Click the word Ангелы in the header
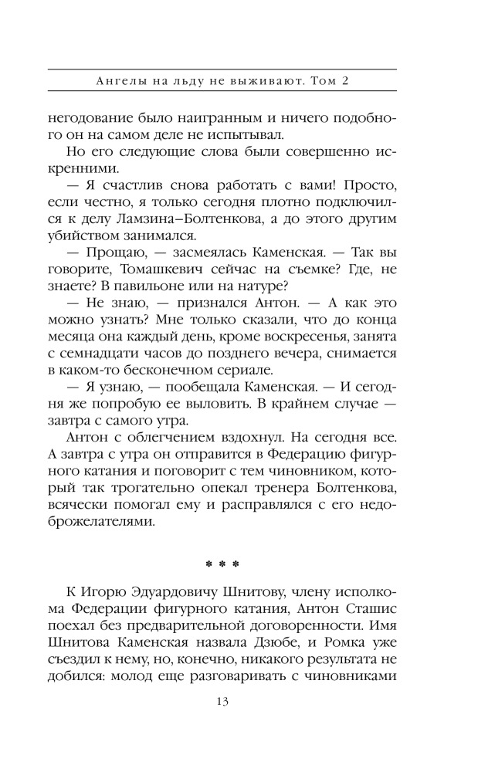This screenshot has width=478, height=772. point(111,79)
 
